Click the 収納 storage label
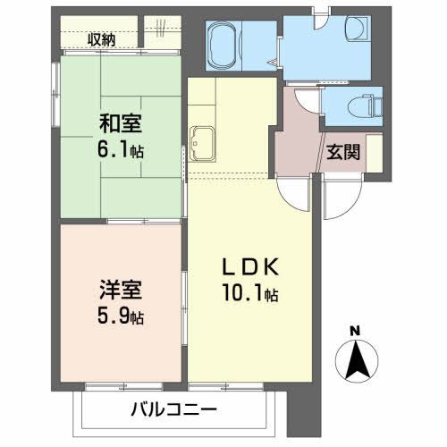[101, 38]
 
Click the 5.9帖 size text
[121, 316]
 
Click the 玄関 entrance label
[342, 152]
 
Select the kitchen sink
[201, 141]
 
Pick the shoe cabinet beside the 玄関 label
[374, 152]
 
